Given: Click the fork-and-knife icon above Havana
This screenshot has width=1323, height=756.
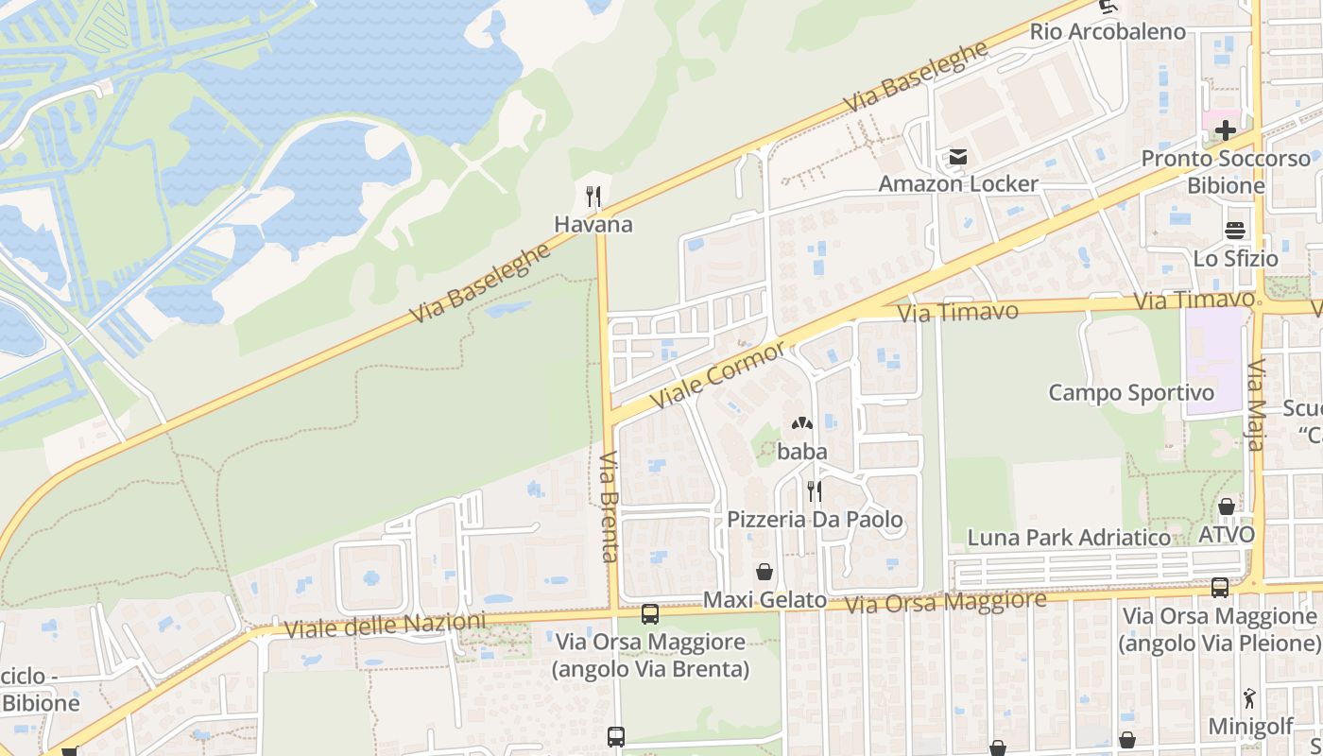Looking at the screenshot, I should [x=593, y=197].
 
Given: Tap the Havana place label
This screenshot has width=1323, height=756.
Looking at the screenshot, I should [x=593, y=225].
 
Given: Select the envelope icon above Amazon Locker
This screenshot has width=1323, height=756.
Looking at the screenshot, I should [x=958, y=157].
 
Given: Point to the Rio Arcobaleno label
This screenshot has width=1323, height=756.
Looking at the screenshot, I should [x=1108, y=31].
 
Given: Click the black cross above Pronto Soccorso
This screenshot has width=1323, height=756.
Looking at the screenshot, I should [x=1226, y=130].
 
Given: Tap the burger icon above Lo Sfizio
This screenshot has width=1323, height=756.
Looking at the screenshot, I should [x=1235, y=231].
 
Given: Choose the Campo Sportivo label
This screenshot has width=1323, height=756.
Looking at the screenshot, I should [x=1131, y=392].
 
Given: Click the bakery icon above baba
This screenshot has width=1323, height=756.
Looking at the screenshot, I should [x=801, y=425].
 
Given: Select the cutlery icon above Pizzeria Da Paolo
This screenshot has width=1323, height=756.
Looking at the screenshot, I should [x=814, y=491].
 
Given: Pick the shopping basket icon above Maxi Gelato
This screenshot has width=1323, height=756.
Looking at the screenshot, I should [x=765, y=572].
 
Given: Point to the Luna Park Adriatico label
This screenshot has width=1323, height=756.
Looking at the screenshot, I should [x=1069, y=538].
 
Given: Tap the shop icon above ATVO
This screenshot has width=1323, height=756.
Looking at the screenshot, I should [x=1227, y=507].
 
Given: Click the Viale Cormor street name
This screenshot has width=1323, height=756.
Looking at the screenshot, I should [x=718, y=376].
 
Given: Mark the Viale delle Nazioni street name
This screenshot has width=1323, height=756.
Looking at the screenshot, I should [x=385, y=625].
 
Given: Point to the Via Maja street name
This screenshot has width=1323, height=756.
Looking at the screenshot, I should [x=1256, y=404].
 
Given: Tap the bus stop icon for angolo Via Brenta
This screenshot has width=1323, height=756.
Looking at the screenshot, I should [x=650, y=614].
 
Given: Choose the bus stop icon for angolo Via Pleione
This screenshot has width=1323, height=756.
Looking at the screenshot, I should [x=1220, y=587].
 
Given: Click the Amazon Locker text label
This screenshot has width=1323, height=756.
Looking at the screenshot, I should [x=958, y=183].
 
